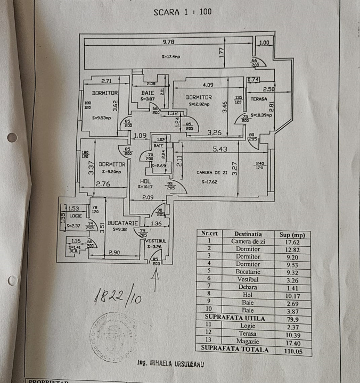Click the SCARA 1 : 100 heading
182,11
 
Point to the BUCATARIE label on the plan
122,223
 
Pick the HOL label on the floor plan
142,181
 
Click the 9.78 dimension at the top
169,41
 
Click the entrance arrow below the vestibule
156,281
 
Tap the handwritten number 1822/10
118,297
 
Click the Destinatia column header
248,234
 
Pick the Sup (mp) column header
292,234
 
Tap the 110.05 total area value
292,351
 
